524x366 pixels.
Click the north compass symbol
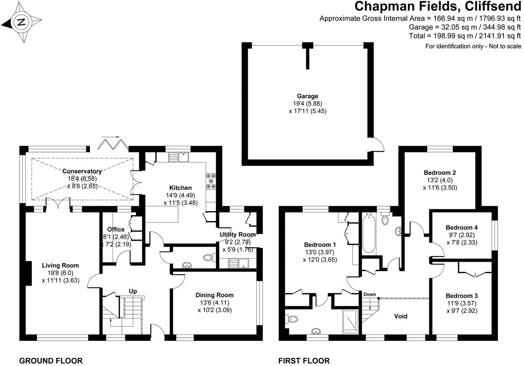pyautogui.click(x=22, y=22)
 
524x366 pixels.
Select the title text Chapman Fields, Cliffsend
pyautogui.click(x=438, y=7)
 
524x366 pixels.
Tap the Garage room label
pyautogui.click(x=307, y=96)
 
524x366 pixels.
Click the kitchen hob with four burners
pyautogui.click(x=211, y=181)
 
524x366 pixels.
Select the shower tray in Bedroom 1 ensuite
pyautogui.click(x=351, y=321)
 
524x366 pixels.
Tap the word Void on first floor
pyautogui.click(x=400, y=316)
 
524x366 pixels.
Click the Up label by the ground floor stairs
pyautogui.click(x=133, y=291)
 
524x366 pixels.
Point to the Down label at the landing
pyautogui.click(x=369, y=294)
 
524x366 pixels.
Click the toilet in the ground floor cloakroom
pyautogui.click(x=209, y=258)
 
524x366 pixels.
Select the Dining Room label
pyautogui.click(x=215, y=295)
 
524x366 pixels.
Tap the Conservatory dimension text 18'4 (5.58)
pyautogui.click(x=82, y=178)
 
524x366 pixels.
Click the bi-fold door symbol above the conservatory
pyautogui.click(x=114, y=143)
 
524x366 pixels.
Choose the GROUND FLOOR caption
pyautogui.click(x=51, y=361)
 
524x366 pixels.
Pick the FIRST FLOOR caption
pyautogui.click(x=304, y=361)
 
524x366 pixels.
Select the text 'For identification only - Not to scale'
pyautogui.click(x=473, y=46)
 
